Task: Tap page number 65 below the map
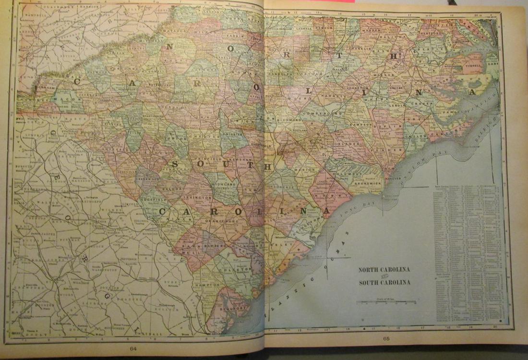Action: click(386, 339)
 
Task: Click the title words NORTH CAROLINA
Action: click(384, 270)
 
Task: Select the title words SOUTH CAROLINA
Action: click(384, 282)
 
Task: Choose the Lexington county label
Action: click(197, 197)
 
